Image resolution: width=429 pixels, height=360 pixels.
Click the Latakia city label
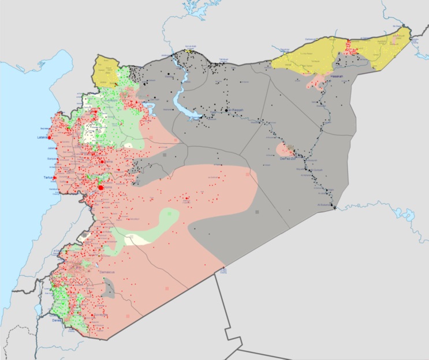pos(41,137)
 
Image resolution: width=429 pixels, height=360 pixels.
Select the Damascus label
pos(108,271)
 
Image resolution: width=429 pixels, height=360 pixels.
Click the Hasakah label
pos(337,76)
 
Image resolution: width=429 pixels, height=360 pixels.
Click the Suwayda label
pos(99,316)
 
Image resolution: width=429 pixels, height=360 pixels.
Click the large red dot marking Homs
pos(101,187)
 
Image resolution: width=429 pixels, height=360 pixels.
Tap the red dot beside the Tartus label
pos(54,178)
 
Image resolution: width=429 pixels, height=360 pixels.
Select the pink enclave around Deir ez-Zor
pos(284,150)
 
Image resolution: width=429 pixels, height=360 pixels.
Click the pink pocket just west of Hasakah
pos(316,82)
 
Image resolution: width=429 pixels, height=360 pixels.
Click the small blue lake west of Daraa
pos(38,309)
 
